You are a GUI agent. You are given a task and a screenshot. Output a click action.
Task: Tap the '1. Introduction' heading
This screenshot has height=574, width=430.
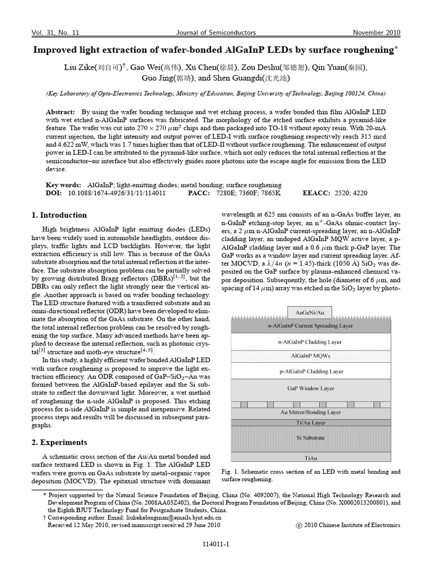tap(59, 215)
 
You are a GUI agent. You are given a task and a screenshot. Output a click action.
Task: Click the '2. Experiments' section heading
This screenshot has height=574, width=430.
tap(59, 442)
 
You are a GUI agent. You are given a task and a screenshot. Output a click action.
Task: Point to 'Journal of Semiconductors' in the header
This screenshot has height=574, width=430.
tap(216, 33)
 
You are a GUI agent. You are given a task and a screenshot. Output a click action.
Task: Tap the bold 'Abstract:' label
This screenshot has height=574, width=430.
tap(60, 112)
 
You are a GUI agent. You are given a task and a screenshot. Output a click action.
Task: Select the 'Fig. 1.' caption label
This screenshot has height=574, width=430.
tap(230, 472)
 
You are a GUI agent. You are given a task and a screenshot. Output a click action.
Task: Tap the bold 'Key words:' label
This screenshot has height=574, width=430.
tap(63, 185)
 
